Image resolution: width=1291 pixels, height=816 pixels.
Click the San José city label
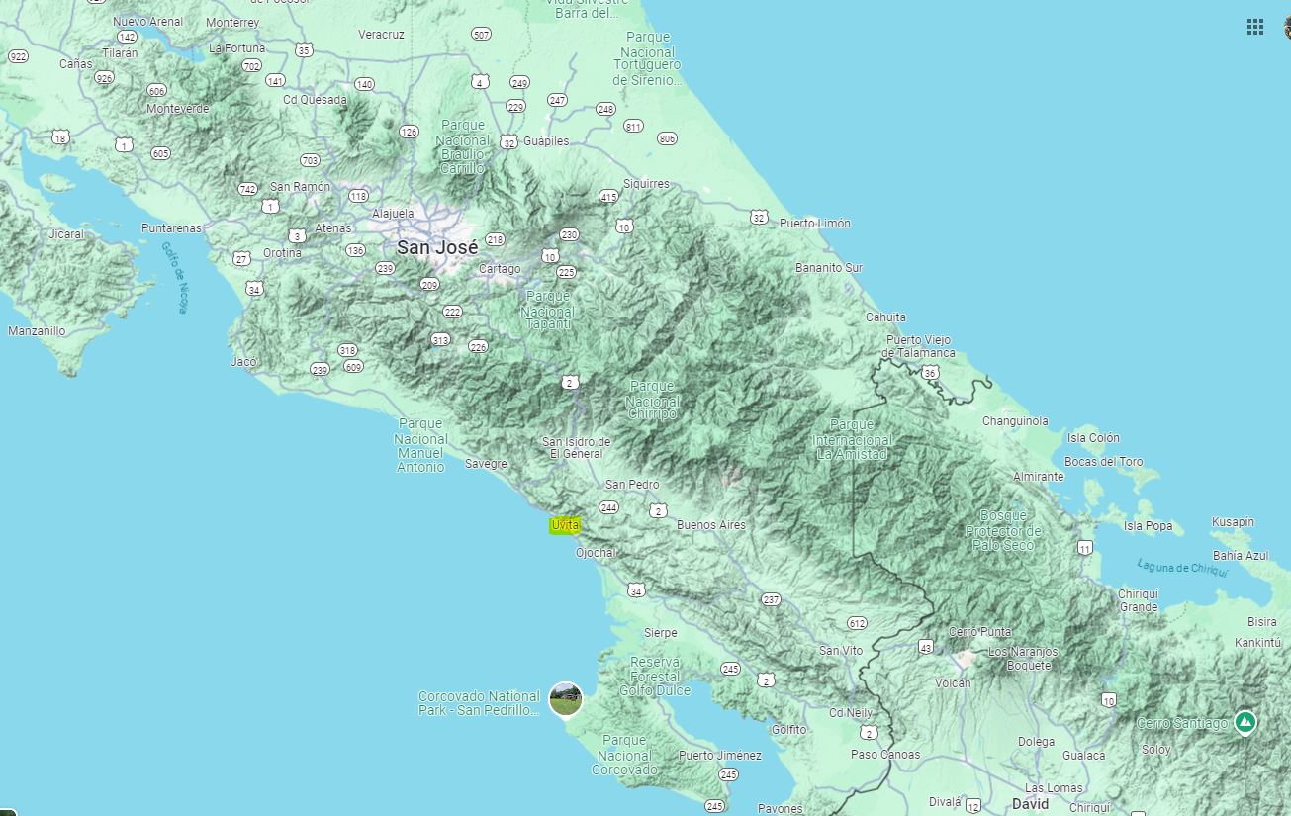(x=437, y=247)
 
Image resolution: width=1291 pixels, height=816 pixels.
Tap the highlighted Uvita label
(x=565, y=525)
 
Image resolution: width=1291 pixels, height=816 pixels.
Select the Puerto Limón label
(x=814, y=224)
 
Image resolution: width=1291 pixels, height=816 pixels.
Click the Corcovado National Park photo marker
(x=565, y=699)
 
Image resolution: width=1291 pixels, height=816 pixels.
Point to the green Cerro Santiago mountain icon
(x=1245, y=723)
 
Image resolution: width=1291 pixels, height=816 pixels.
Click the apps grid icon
(x=1254, y=27)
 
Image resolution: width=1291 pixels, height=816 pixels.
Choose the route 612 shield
(x=857, y=623)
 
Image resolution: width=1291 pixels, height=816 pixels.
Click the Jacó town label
(x=243, y=362)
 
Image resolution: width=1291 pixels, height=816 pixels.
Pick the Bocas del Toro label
(x=1103, y=462)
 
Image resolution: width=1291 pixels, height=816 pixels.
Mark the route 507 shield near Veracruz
(x=481, y=35)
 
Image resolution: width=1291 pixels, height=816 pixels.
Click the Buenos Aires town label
(x=710, y=525)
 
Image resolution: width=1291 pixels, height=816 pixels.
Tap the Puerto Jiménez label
(x=719, y=756)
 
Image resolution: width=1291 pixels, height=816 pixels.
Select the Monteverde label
(x=177, y=109)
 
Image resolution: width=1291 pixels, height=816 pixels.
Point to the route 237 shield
(x=771, y=599)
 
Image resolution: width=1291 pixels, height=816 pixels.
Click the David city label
(x=1030, y=804)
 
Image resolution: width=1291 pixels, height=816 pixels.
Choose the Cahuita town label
(x=885, y=317)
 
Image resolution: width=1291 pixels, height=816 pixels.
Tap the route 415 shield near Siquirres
(x=608, y=197)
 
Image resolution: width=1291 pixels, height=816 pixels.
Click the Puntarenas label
(x=171, y=228)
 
